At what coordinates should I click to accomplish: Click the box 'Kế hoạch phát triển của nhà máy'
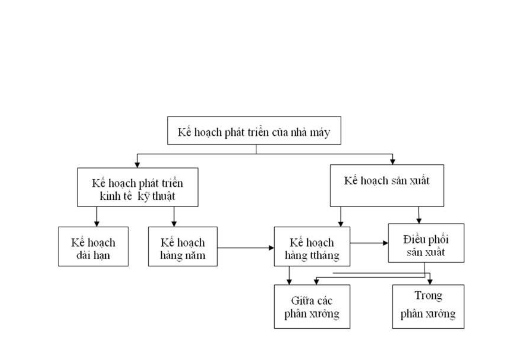point(254,130)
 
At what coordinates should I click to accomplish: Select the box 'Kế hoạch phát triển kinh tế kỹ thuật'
point(138,187)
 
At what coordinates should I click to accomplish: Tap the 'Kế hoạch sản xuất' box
point(387,185)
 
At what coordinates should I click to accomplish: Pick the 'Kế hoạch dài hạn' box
point(93,246)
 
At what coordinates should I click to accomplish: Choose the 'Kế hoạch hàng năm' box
point(183,246)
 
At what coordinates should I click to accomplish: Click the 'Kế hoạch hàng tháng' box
point(312,246)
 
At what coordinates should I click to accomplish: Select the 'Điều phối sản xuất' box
point(426,243)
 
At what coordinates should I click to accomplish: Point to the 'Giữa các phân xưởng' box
point(312,307)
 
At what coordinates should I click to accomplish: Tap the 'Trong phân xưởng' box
point(428,307)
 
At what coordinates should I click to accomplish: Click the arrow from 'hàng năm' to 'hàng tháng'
point(246,248)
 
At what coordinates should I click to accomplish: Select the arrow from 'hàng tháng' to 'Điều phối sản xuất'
point(369,243)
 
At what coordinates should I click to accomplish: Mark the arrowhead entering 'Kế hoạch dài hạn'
point(97,224)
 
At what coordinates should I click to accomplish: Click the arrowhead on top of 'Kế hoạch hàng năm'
point(174,224)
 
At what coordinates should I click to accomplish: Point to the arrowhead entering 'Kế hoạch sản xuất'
point(393,162)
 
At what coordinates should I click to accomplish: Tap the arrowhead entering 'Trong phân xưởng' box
point(430,282)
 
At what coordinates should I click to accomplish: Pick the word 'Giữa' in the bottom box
point(299,301)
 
